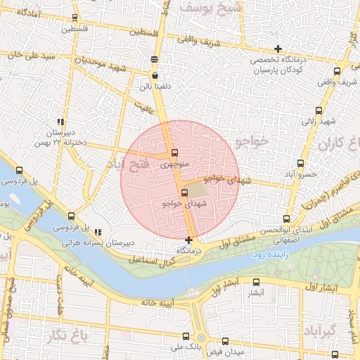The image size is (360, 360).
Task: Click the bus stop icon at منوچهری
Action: [x=174, y=154]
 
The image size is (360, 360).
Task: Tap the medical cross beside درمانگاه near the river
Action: [x=188, y=241]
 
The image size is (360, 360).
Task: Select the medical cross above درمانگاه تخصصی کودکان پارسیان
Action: [x=279, y=49]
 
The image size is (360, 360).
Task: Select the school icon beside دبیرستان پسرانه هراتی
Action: [x=98, y=232]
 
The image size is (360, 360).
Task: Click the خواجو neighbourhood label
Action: [x=253, y=142]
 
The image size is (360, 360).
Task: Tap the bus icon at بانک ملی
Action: [x=185, y=336]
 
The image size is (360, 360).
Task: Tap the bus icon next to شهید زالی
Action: [x=319, y=110]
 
